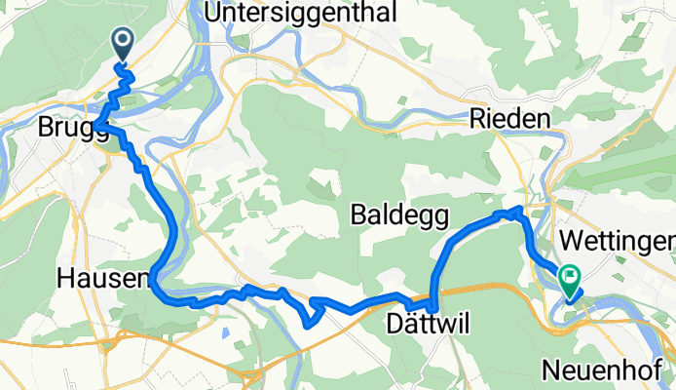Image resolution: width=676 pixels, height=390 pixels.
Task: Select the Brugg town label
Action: click(72, 128)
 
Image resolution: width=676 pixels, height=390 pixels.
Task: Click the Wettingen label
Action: click(619, 241)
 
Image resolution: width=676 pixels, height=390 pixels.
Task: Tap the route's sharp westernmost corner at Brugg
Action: click(98, 126)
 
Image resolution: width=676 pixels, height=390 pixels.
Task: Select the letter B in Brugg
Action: click(46, 128)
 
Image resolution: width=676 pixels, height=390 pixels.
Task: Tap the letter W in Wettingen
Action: click(572, 241)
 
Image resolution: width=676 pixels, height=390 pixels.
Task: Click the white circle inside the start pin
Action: click(125, 40)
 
